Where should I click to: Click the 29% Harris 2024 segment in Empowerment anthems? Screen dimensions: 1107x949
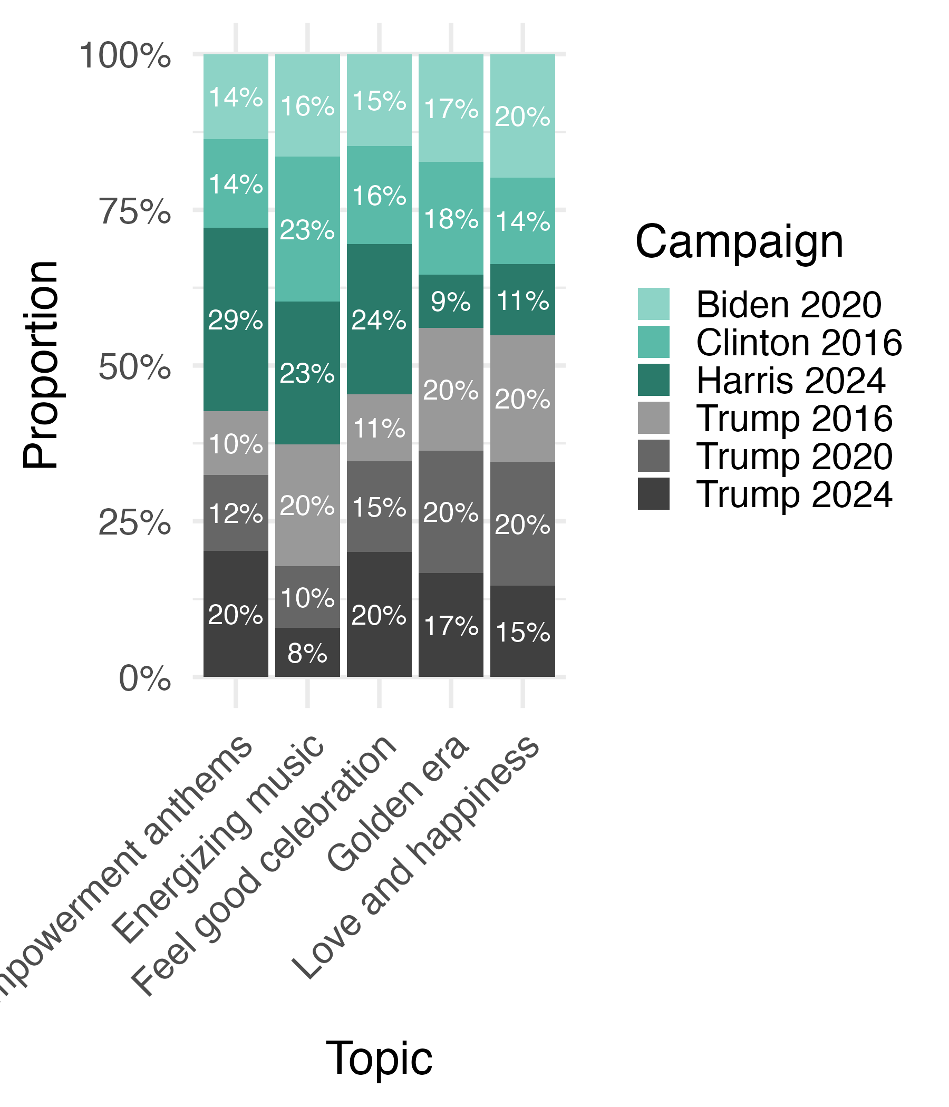coord(236,319)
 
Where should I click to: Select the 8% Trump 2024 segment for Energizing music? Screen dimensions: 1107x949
coord(307,652)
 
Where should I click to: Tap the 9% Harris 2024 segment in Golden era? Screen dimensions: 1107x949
coord(450,302)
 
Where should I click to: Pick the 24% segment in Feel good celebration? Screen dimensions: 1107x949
coord(379,319)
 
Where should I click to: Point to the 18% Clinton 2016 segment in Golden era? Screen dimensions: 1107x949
coord(450,218)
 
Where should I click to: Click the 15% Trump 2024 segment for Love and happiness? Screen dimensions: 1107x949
coord(522,631)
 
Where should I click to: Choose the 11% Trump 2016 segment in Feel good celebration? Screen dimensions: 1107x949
coord(379,428)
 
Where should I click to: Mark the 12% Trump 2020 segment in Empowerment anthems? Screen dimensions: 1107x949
coord(236,513)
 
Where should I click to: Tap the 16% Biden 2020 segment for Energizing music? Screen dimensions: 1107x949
coord(307,105)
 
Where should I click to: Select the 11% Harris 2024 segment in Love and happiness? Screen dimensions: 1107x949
coord(522,300)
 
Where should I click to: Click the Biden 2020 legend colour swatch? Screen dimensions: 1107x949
coord(653,304)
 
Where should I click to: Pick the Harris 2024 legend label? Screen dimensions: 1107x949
coord(791,381)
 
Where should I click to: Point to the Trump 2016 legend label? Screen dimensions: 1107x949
coord(794,419)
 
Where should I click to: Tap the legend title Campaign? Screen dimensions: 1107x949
coord(739,242)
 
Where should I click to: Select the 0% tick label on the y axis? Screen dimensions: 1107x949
coord(144,679)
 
